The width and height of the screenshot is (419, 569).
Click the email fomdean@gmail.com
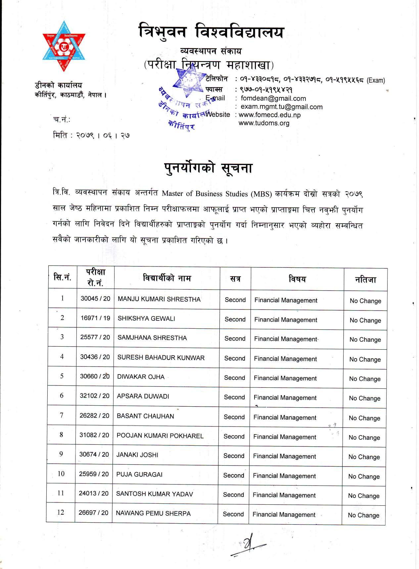[x=273, y=98]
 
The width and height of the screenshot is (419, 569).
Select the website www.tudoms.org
[x=264, y=123]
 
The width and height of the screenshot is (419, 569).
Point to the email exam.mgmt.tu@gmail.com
[x=281, y=107]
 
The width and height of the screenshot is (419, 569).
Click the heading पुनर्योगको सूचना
[x=209, y=168]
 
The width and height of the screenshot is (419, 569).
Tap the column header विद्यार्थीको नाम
[x=167, y=278]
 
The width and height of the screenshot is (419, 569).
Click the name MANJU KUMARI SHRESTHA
[x=159, y=299]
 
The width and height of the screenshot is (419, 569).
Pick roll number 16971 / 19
[x=95, y=318]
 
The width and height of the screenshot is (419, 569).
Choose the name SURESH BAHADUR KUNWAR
[x=161, y=358]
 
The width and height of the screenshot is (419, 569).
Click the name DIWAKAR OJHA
[x=141, y=377]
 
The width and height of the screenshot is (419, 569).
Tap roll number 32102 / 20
[x=95, y=396]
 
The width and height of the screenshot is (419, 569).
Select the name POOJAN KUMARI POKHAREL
[x=160, y=435]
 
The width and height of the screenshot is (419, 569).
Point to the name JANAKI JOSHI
[x=137, y=455]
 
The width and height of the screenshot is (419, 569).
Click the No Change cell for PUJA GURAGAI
[x=364, y=477]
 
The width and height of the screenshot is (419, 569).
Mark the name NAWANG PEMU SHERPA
[x=153, y=513]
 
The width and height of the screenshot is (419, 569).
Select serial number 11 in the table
[x=61, y=493]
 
